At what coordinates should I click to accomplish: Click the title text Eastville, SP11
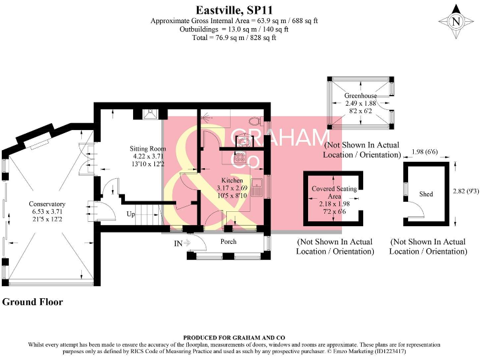point(234,9)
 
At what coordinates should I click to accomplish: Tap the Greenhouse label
point(359,96)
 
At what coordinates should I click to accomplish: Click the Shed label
point(426,194)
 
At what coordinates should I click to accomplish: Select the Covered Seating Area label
point(334,192)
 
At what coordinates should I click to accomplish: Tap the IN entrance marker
point(179,242)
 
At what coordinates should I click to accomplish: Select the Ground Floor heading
point(32,302)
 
